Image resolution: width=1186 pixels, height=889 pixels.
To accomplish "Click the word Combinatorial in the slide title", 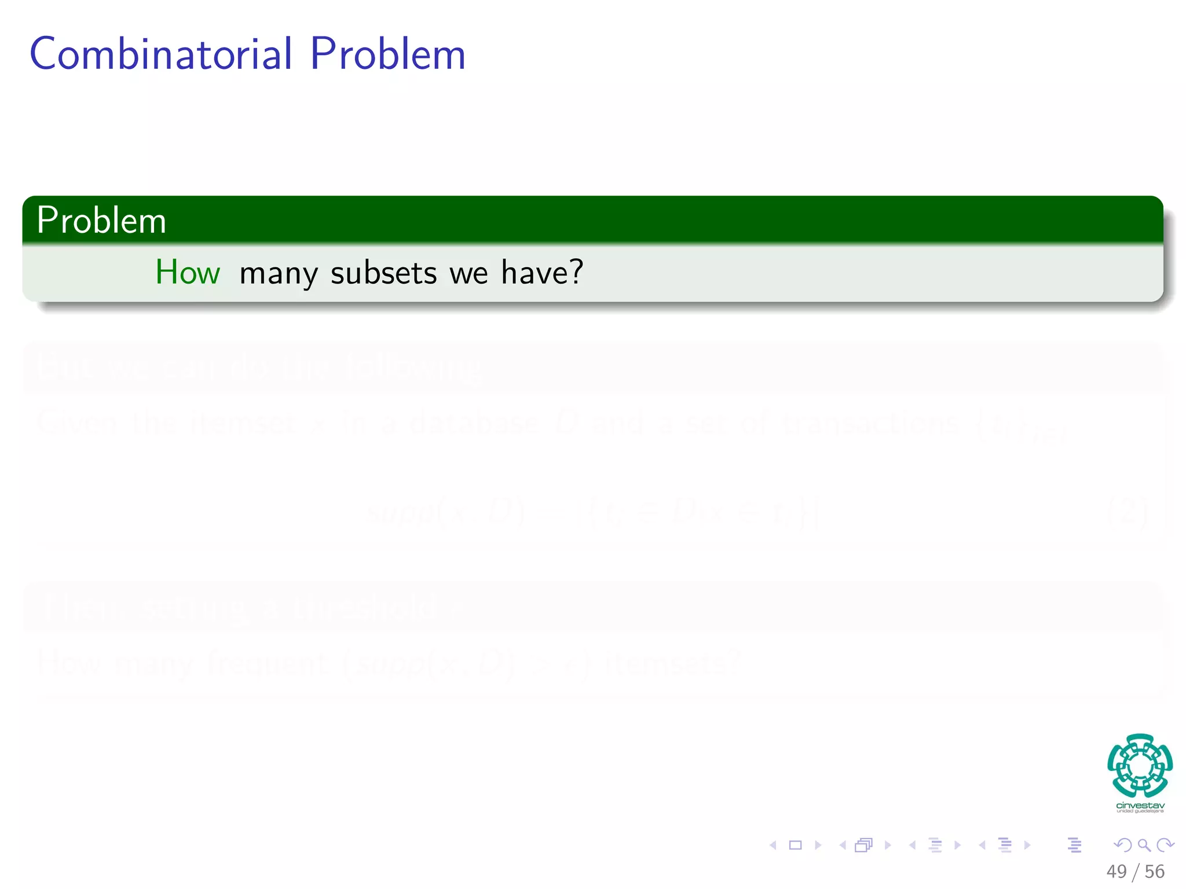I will tap(161, 54).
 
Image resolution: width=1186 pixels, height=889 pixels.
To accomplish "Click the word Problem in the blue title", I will tap(387, 54).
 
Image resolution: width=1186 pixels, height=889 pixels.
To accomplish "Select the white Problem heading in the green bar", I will tap(101, 221).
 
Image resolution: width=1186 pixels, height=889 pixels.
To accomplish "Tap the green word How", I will tap(188, 272).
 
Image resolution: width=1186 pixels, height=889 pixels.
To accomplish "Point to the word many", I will tap(279, 274).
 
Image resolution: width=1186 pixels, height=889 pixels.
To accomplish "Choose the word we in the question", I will tap(468, 274).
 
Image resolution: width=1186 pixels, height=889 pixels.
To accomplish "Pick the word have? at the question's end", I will tap(542, 272).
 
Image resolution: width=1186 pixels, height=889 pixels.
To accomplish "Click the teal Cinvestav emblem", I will tap(1140, 765).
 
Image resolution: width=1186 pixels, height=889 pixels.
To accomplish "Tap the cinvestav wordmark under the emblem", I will tap(1140, 805).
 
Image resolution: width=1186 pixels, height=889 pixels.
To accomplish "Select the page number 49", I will tap(1117, 872).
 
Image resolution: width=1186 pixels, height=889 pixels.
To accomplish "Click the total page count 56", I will tap(1154, 872).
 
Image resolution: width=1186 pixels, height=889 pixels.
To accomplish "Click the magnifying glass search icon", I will tap(1144, 846).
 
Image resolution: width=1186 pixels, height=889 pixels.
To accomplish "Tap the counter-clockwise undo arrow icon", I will tap(1122, 846).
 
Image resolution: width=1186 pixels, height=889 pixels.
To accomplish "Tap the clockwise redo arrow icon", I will tap(1165, 846).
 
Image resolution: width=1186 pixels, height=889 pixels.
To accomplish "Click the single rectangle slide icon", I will tap(796, 846).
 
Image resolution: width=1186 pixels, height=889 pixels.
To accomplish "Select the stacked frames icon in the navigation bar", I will tap(863, 846).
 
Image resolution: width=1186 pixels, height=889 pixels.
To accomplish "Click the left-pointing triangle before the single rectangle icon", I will tap(773, 846).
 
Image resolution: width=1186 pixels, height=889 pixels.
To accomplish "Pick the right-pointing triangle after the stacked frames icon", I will tap(888, 846).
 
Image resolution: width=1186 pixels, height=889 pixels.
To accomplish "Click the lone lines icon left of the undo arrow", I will tap(1074, 846).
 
